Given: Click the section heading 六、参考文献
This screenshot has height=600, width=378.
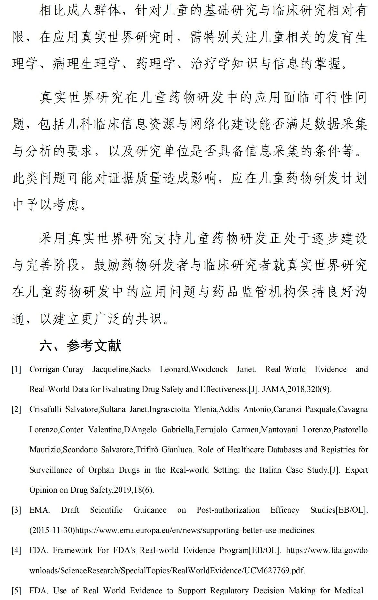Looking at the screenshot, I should pos(80,346).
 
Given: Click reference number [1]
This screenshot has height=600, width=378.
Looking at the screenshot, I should pos(16,369).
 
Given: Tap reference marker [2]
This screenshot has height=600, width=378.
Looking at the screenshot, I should pos(16,409).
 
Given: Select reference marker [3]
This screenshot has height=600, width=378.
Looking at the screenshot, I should pos(16,510).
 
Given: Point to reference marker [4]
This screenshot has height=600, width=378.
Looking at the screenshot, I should pos(16,550).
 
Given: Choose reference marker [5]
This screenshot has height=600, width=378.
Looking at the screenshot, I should pos(16,591).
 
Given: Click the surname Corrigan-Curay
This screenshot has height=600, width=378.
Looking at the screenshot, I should pos(56,369).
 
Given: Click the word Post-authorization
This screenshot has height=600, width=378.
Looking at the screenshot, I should pos(228,510).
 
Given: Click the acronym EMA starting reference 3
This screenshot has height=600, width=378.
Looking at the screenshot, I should pos(39,510).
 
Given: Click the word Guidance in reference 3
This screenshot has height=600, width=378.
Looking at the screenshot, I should pos(150,510).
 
